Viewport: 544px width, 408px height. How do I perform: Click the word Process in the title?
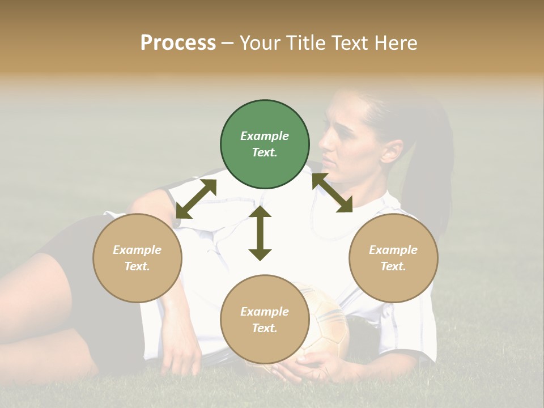click(x=178, y=43)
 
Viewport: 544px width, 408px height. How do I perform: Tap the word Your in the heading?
click(x=260, y=43)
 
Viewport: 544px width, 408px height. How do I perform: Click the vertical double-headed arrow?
click(x=260, y=233)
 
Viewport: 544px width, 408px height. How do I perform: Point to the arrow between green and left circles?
click(x=196, y=199)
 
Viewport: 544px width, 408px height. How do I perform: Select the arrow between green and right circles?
click(x=332, y=193)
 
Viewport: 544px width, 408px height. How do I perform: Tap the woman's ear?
click(x=390, y=150)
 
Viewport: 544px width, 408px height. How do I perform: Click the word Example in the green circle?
click(x=265, y=136)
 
